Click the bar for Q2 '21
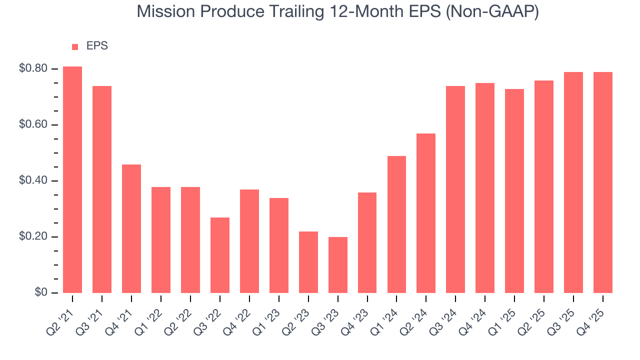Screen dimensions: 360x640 tap(72, 180)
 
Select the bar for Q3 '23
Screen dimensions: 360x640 tap(338, 265)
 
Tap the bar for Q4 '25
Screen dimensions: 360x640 tap(603, 182)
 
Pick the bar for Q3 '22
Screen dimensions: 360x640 tap(220, 255)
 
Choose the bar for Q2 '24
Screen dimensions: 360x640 tap(426, 213)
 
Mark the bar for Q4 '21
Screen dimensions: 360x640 tap(131, 228)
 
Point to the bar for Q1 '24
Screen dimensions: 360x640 tap(396, 224)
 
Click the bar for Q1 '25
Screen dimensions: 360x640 tap(514, 191)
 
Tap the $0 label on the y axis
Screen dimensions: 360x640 tap(41, 292)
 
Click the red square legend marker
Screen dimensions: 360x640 tap(75, 47)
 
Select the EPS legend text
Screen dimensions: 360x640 tap(97, 46)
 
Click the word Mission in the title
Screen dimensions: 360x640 tap(165, 12)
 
